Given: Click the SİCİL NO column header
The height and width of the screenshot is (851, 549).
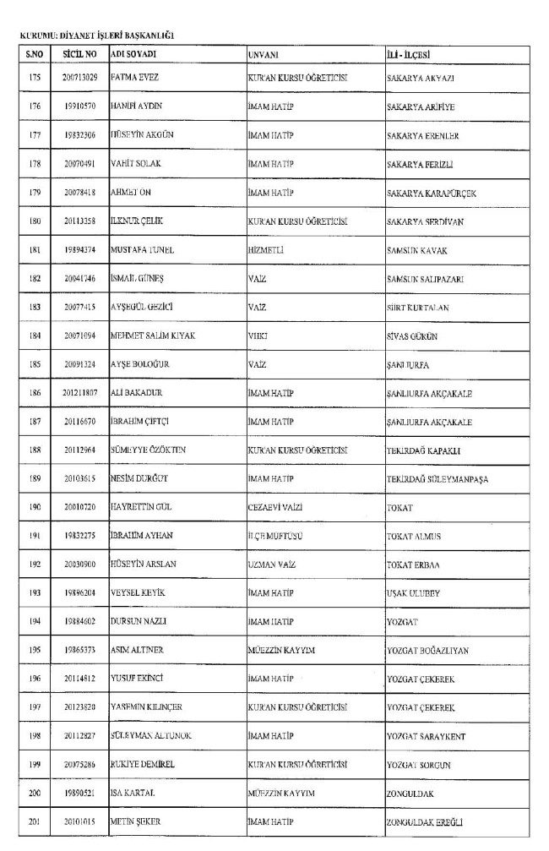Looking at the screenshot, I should pos(79,55).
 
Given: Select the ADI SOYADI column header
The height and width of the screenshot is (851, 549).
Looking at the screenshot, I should pos(134,55).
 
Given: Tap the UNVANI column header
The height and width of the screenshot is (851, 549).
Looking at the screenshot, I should pos(264,55).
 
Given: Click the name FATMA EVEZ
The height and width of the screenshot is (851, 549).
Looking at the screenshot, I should pos(135,77).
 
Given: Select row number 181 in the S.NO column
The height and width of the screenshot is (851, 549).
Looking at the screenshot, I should pos(35,250).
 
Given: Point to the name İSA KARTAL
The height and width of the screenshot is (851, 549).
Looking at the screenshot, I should pos(132,794).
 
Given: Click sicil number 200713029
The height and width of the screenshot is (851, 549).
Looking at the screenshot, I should pos(80,77).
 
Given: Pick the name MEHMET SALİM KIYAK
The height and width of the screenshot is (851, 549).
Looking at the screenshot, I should pos(154,336).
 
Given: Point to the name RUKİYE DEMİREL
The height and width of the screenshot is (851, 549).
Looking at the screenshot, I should pos(142,765).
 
